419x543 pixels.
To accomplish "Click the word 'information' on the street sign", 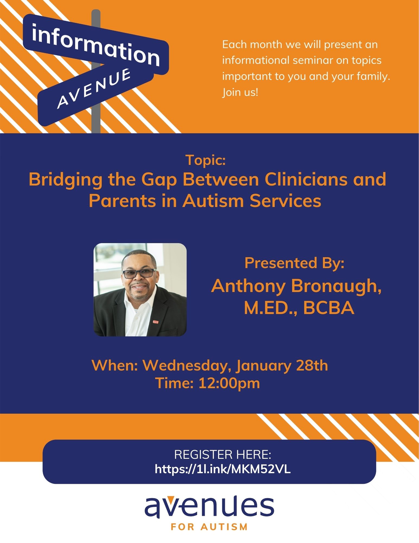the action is tap(96, 45).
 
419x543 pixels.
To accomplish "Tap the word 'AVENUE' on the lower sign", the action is tap(94, 88).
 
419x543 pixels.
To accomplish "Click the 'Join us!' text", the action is tap(240, 92).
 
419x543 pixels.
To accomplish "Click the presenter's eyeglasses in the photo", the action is tap(140, 274).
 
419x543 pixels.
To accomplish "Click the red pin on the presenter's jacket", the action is tap(155, 322).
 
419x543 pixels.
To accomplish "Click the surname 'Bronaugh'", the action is tap(336, 287).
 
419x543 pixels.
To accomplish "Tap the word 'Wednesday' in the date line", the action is tap(187, 366).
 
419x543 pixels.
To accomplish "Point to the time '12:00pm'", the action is tap(229, 383).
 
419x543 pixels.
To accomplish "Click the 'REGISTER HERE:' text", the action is tap(223, 454).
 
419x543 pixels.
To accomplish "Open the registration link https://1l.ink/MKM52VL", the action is tap(223, 469).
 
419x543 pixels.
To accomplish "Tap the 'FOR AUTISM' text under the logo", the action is tap(209, 527).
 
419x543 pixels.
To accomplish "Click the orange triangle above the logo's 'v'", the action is tap(170, 498).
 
